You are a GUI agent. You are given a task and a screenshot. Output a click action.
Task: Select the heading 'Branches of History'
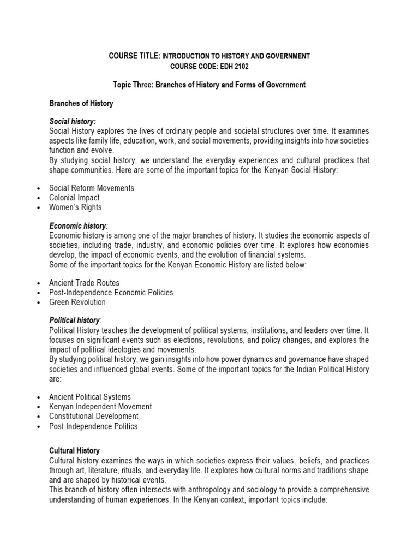pyautogui.click(x=81, y=103)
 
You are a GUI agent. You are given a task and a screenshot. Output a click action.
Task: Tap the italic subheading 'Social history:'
pyautogui.click(x=73, y=122)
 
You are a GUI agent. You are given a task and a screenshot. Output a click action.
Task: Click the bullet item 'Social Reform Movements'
pyautogui.click(x=92, y=188)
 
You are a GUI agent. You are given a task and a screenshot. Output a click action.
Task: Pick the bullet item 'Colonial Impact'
pyautogui.click(x=74, y=198)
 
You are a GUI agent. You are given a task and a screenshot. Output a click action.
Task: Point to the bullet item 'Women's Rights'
pyautogui.click(x=75, y=207)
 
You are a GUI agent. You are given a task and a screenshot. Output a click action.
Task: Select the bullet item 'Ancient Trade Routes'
pyautogui.click(x=84, y=283)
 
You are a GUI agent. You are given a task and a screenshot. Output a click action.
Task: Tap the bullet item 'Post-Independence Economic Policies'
pyautogui.click(x=111, y=293)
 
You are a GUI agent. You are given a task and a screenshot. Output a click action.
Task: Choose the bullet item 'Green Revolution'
pyautogui.click(x=77, y=302)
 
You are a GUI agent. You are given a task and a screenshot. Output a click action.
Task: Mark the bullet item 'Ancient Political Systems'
pyautogui.click(x=90, y=397)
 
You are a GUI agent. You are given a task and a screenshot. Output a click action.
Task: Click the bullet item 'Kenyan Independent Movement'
pyautogui.click(x=100, y=407)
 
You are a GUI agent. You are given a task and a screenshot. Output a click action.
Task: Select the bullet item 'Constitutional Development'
pyautogui.click(x=94, y=417)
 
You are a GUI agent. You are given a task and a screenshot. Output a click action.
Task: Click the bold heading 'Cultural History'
pyautogui.click(x=74, y=451)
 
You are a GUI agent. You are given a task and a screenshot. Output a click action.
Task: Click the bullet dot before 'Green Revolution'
pyautogui.click(x=39, y=302)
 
